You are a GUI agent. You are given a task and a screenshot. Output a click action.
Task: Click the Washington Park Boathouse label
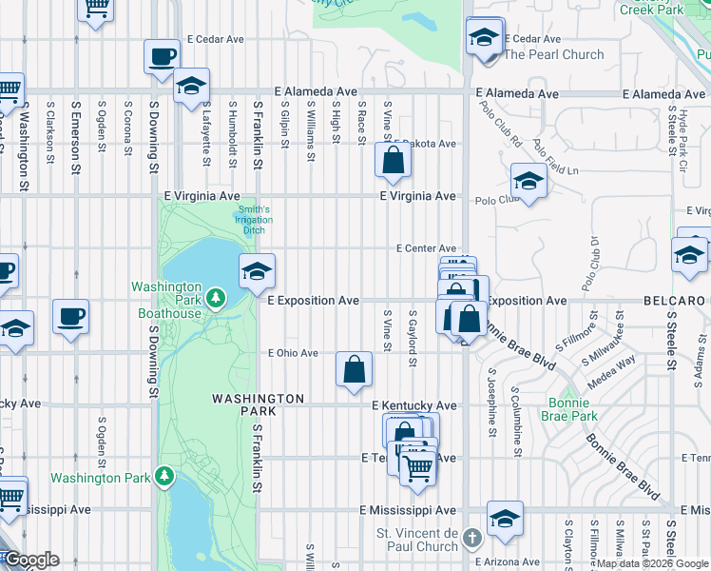pyautogui.click(x=166, y=300)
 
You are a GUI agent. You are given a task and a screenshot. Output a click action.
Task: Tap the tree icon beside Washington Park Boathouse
pyautogui.click(x=217, y=300)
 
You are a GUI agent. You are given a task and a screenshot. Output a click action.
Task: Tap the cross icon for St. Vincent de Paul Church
pyautogui.click(x=472, y=541)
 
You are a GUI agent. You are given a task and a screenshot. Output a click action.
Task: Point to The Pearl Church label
pyautogui.click(x=553, y=54)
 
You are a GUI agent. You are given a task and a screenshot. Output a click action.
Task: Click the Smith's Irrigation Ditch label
pyautogui.click(x=254, y=220)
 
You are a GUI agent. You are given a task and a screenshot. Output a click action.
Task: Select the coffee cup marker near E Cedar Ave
pyautogui.click(x=163, y=56)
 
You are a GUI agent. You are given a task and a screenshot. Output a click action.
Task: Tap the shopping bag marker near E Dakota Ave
pyautogui.click(x=393, y=161)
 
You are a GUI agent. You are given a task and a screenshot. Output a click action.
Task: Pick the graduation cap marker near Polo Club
pyautogui.click(x=528, y=180)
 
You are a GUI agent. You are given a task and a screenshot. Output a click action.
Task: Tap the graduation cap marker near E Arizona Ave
pyautogui.click(x=505, y=519)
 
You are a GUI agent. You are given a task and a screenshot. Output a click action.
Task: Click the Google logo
pyautogui.click(x=30, y=560)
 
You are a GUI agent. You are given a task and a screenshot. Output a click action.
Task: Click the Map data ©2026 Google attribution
pyautogui.click(x=651, y=563)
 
